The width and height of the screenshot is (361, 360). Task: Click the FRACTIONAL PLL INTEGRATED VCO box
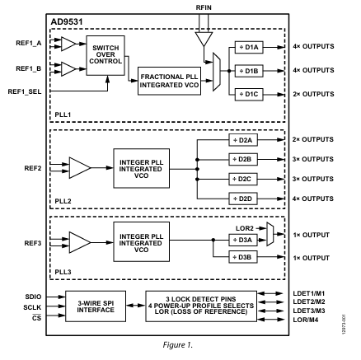tap(168, 81)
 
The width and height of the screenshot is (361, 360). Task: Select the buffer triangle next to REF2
tap(81, 169)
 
